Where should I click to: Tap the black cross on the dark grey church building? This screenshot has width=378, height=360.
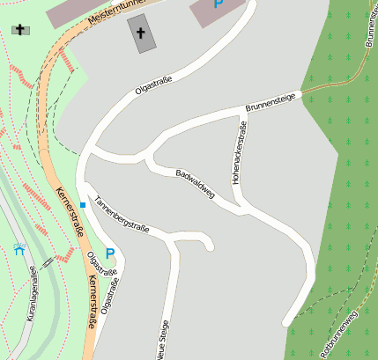(x=141, y=33)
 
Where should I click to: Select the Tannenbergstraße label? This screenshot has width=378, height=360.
(x=122, y=215)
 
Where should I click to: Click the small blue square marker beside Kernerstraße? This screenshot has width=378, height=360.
(x=83, y=205)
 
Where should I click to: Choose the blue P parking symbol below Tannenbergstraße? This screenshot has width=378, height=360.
(x=110, y=253)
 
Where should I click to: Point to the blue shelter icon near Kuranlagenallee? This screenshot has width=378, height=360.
(x=19, y=249)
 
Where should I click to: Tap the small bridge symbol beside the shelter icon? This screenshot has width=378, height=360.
(x=46, y=261)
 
